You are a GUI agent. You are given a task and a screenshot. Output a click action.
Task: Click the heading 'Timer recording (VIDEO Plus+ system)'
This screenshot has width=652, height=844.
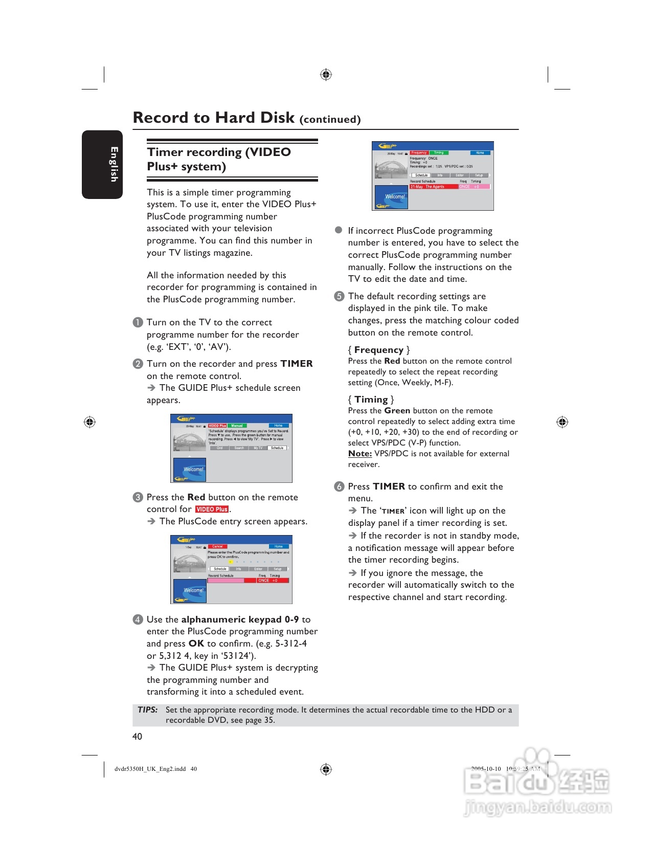[219, 159]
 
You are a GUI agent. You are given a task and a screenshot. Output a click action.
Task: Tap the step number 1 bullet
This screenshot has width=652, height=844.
[138, 322]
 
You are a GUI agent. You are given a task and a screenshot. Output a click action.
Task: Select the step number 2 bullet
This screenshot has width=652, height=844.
[138, 364]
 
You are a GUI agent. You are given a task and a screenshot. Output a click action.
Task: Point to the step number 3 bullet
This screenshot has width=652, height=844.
[138, 497]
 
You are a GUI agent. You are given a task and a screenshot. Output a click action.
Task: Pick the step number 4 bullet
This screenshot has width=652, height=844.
[138, 619]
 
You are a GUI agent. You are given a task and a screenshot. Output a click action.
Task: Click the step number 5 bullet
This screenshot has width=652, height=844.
[339, 296]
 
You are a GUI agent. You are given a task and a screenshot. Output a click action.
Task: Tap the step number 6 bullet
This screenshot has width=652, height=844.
[339, 486]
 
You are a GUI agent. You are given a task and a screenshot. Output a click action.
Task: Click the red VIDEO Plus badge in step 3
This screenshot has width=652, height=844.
[212, 509]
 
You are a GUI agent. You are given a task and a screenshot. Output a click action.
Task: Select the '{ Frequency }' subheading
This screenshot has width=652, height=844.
[378, 350]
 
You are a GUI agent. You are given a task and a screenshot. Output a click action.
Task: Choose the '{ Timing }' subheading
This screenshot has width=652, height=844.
[371, 399]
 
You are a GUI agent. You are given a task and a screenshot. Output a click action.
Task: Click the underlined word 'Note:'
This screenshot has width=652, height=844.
[359, 454]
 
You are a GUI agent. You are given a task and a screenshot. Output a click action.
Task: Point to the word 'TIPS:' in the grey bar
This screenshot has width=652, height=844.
[147, 710]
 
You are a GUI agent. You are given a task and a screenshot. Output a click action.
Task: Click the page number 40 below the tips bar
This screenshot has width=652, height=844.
[137, 737]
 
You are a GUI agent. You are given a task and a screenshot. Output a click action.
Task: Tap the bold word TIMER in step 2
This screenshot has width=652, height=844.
[297, 364]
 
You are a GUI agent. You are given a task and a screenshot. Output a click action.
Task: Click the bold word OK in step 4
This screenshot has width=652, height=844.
[196, 643]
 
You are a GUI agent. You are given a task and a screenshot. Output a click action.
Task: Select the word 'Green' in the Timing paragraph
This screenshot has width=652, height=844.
[397, 411]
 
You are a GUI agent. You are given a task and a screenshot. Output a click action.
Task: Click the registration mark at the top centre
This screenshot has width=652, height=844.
[326, 75]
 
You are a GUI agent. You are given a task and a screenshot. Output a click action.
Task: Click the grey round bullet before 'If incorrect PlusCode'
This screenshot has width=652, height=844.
[339, 230]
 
